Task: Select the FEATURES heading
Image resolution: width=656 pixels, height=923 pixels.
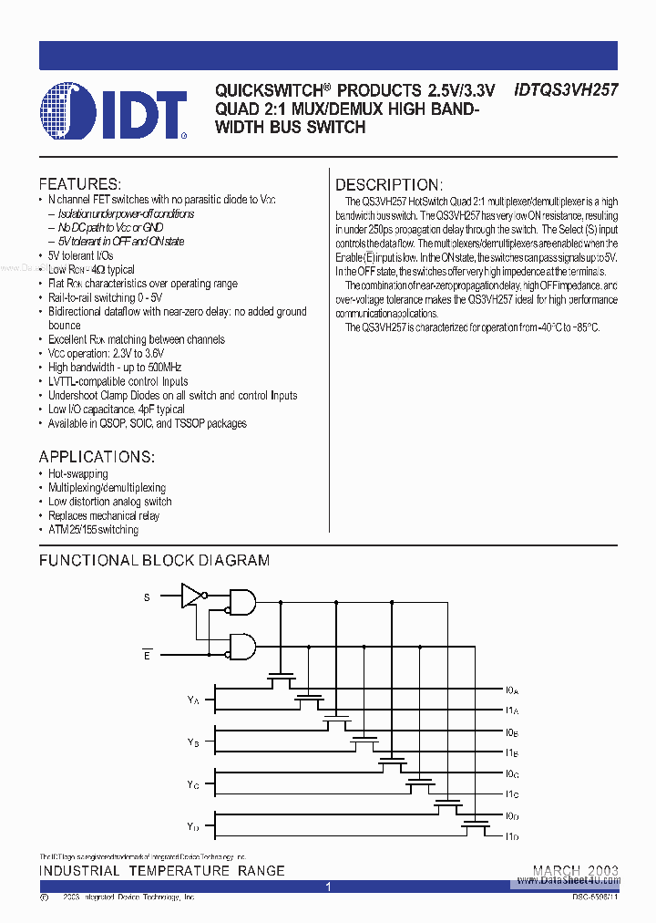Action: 79,183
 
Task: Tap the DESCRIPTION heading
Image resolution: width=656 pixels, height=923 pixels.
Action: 389,184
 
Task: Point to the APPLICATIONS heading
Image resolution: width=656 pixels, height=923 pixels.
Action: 97,456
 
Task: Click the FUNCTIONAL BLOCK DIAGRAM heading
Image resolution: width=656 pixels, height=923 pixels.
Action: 154,560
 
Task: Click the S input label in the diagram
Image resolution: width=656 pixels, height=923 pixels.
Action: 146,597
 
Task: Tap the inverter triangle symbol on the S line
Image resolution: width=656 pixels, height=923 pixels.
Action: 191,596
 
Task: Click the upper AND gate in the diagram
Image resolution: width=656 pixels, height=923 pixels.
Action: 242,600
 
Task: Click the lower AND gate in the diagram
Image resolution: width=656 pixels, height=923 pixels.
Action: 242,647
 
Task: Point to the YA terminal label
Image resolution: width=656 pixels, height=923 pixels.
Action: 193,700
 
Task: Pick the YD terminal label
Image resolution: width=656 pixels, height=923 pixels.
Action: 193,826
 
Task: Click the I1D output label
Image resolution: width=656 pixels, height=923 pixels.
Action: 511,836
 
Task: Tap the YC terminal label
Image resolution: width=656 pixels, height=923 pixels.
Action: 193,784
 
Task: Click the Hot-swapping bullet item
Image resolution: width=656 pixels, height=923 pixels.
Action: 77,474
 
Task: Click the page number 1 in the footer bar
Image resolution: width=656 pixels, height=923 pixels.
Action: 327,886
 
